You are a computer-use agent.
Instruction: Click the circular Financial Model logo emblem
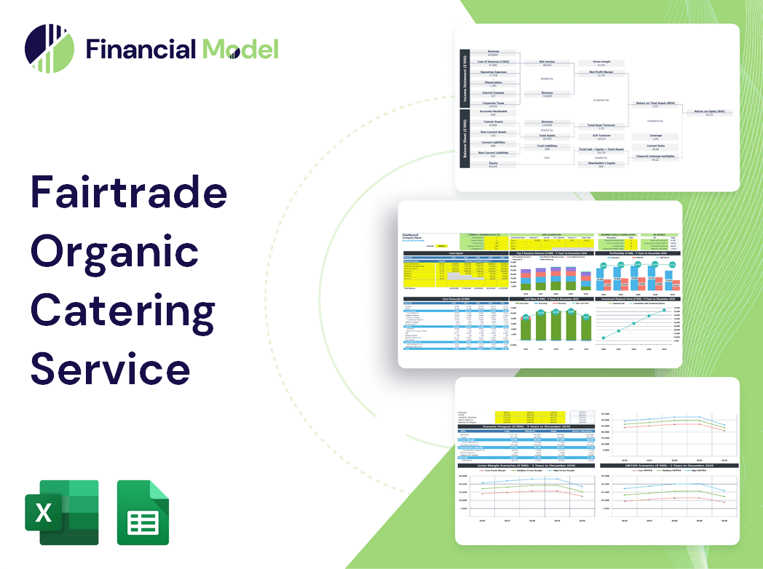tap(50, 49)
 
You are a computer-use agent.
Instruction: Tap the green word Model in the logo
tap(240, 49)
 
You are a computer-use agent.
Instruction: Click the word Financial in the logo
tap(141, 49)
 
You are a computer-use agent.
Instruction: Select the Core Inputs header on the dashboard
tap(455, 253)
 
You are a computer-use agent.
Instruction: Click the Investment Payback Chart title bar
tap(638, 298)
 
